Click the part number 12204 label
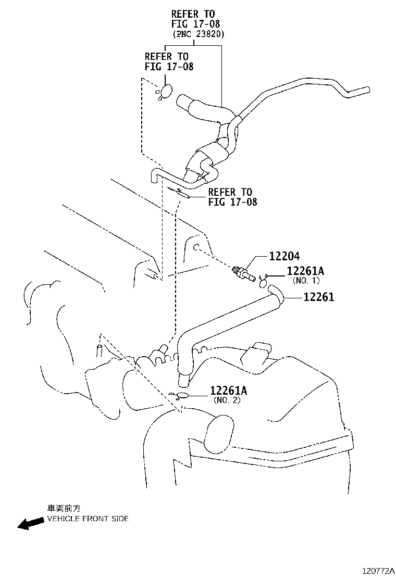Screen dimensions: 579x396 pos(285,256)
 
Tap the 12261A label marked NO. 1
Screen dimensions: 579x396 pos(305,271)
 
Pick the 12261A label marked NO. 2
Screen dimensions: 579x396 pos(229,391)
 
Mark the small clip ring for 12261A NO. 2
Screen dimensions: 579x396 pos(183,396)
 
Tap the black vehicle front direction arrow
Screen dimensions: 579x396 pos(30,523)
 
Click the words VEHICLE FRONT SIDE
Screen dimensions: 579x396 pos(88,519)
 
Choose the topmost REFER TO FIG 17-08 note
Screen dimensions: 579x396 pos(192,19)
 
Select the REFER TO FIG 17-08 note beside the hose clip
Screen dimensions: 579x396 pos(232,197)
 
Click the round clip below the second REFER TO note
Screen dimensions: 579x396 pos(166,92)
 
